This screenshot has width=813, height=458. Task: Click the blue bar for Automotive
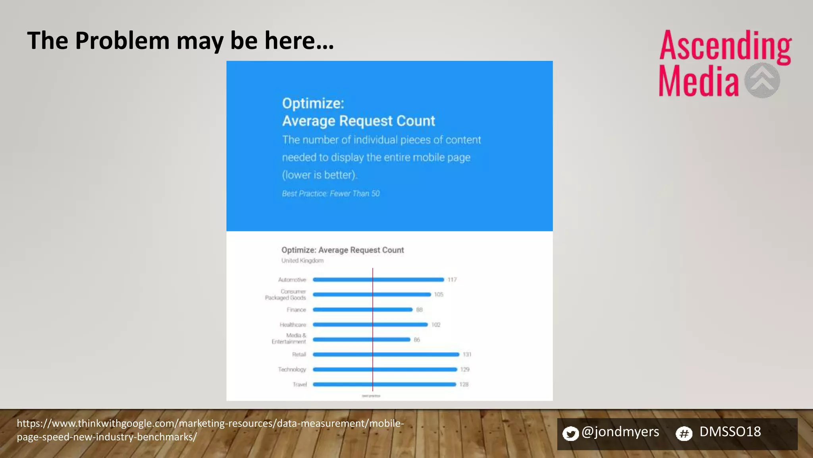378,279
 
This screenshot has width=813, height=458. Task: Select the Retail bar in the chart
386,354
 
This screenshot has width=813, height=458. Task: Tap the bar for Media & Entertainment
361,340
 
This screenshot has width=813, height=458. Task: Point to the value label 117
452,280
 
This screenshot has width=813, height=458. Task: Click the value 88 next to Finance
419,310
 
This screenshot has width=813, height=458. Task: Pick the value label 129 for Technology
464,369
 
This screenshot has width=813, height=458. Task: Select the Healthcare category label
293,325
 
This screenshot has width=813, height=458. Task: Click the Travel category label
300,384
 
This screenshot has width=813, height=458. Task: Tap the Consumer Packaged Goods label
286,295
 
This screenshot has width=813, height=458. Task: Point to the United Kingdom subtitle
302,261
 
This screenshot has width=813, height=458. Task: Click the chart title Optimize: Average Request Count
343,250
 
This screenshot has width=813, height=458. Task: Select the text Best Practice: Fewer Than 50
331,194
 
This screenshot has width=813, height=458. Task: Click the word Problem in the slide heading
122,41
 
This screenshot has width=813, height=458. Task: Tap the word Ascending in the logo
725,47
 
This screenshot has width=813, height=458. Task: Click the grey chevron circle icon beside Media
762,80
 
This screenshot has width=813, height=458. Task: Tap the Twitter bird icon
570,433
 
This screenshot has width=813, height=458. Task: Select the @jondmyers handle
620,432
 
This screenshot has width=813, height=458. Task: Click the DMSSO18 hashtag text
730,432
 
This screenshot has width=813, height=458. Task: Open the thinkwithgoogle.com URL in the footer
210,430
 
